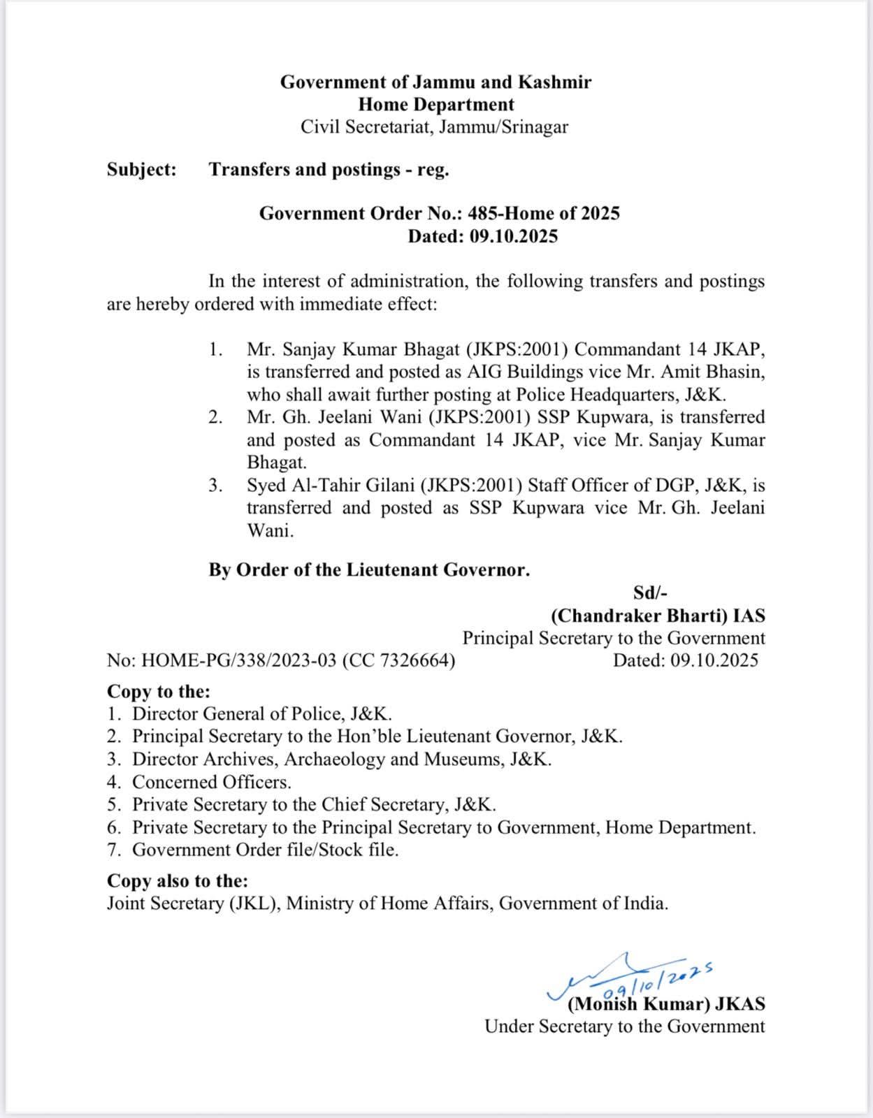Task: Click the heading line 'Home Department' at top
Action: [436, 105]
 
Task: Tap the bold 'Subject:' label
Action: [142, 170]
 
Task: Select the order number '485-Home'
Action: [508, 214]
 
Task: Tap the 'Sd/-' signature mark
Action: [650, 593]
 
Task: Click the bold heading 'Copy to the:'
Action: [159, 691]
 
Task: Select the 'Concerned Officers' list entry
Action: [212, 782]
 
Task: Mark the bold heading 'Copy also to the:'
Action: [178, 880]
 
